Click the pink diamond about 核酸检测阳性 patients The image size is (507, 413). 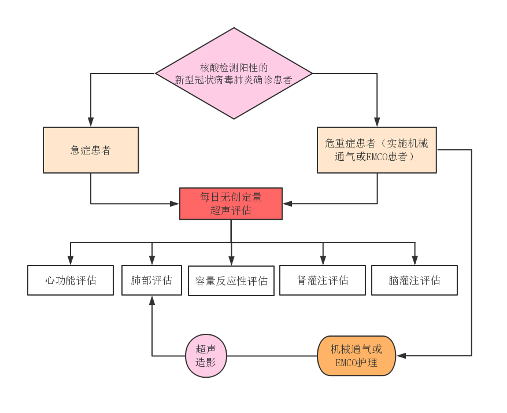pos(234,73)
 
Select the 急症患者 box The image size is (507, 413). pos(91,150)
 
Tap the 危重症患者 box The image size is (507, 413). pos(376,150)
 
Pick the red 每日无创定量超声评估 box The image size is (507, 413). pos(231,204)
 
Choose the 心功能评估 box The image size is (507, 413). pos(71,281)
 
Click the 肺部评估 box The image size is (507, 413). pos(151,281)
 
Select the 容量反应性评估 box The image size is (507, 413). pos(231,281)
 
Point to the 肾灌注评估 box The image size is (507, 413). pos(323,281)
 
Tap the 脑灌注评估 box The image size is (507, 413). pos(415,281)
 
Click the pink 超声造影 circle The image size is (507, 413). pos(206,356)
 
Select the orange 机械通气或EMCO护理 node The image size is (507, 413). pos(357,356)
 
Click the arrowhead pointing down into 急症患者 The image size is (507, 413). pos(91,122)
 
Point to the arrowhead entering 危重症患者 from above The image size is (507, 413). pos(377,122)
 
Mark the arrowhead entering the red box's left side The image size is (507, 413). pos(175,204)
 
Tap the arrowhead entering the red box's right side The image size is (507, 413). pos(287,204)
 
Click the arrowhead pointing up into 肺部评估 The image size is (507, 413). pos(152,300)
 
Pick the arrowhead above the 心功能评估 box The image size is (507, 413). pos(71,260)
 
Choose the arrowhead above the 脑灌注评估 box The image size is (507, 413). pos(415,260)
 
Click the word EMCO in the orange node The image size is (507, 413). pos(347,363)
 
